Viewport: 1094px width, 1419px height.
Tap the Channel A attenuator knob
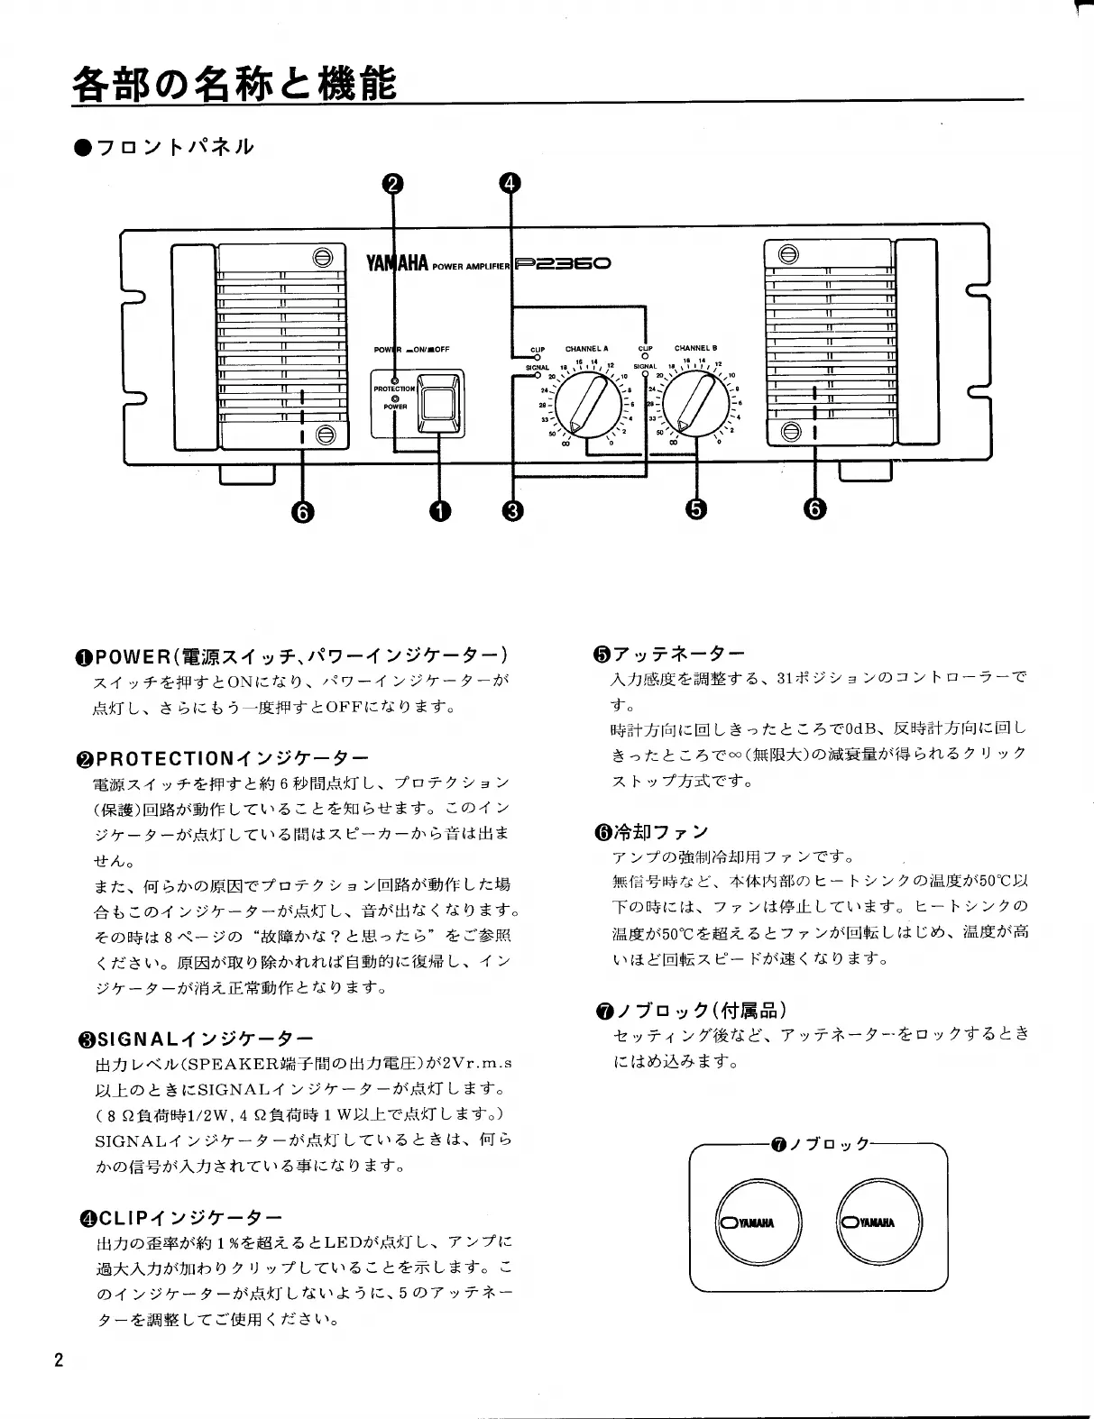point(587,406)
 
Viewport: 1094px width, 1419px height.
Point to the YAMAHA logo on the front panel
point(397,264)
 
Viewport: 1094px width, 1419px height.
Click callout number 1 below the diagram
point(439,511)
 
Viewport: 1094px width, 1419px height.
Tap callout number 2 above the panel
point(392,184)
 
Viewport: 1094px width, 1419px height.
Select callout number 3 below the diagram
point(512,511)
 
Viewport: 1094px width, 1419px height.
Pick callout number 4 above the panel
point(510,184)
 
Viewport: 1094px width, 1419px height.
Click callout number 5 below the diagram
point(695,509)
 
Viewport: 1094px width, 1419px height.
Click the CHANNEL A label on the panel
point(586,349)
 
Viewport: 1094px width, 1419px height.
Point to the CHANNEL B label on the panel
point(695,348)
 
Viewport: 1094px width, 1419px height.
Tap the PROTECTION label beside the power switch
point(394,389)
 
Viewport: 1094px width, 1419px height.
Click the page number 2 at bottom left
point(60,1359)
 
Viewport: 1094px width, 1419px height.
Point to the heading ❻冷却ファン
point(650,831)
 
